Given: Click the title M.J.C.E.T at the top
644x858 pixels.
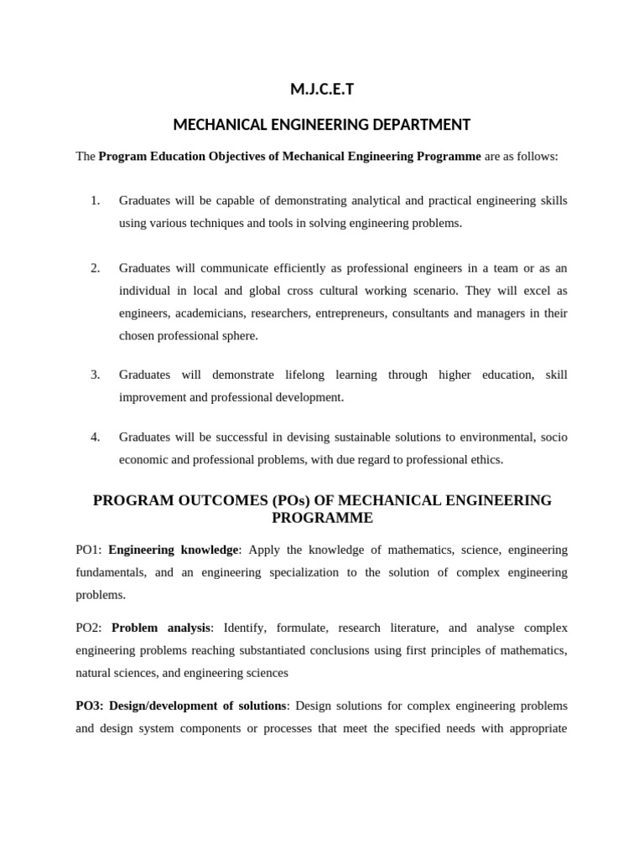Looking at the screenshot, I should point(322,90).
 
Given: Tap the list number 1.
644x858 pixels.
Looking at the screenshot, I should point(95,200).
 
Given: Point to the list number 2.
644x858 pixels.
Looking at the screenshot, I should point(95,268).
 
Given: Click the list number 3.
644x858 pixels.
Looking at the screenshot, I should point(95,375).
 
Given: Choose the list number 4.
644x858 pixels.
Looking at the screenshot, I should point(95,437).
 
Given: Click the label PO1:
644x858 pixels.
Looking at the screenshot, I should point(89,550).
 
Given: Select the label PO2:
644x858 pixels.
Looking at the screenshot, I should point(89,628).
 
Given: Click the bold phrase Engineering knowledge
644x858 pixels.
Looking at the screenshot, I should point(174,550).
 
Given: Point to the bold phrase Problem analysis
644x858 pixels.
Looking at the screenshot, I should point(161,628).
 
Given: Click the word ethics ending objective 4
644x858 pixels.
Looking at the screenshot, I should point(486,459).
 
